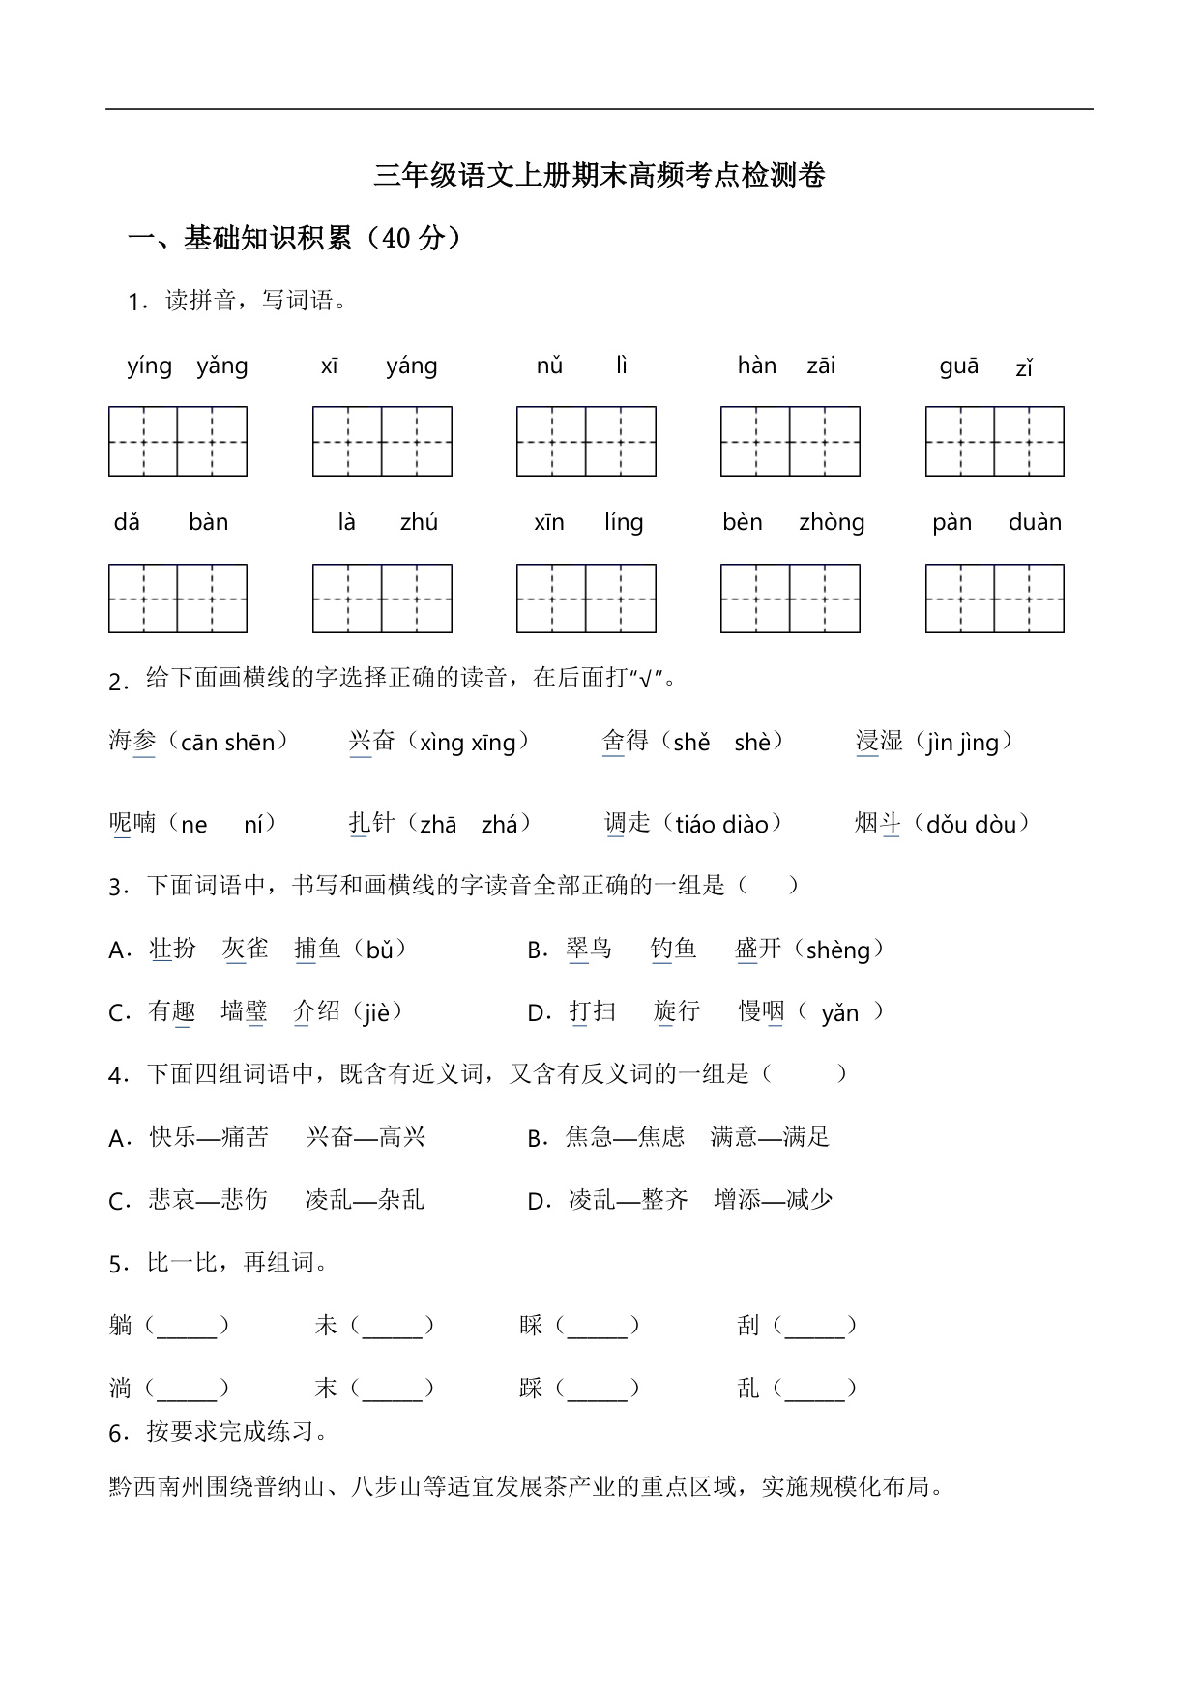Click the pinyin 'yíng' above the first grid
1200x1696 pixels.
(x=149, y=366)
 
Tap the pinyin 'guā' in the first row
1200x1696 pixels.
(x=958, y=366)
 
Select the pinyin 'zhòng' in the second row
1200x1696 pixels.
(x=832, y=523)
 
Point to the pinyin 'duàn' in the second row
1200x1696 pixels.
(x=1035, y=523)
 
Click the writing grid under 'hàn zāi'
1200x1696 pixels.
(x=790, y=442)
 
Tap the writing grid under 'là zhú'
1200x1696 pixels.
(x=382, y=599)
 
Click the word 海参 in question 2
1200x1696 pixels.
(x=132, y=742)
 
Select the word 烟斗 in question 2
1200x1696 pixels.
(x=877, y=824)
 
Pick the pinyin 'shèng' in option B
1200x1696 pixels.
(x=837, y=950)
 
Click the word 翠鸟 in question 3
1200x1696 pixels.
(x=589, y=950)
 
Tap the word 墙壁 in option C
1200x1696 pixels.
(x=244, y=1012)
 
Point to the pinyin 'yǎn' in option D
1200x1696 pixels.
(x=839, y=1013)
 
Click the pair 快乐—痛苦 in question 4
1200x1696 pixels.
(x=209, y=1137)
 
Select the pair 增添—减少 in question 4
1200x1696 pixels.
(x=773, y=1200)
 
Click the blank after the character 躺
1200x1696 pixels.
(x=187, y=1327)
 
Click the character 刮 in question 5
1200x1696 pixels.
(x=747, y=1326)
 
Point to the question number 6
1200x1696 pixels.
(x=117, y=1434)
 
